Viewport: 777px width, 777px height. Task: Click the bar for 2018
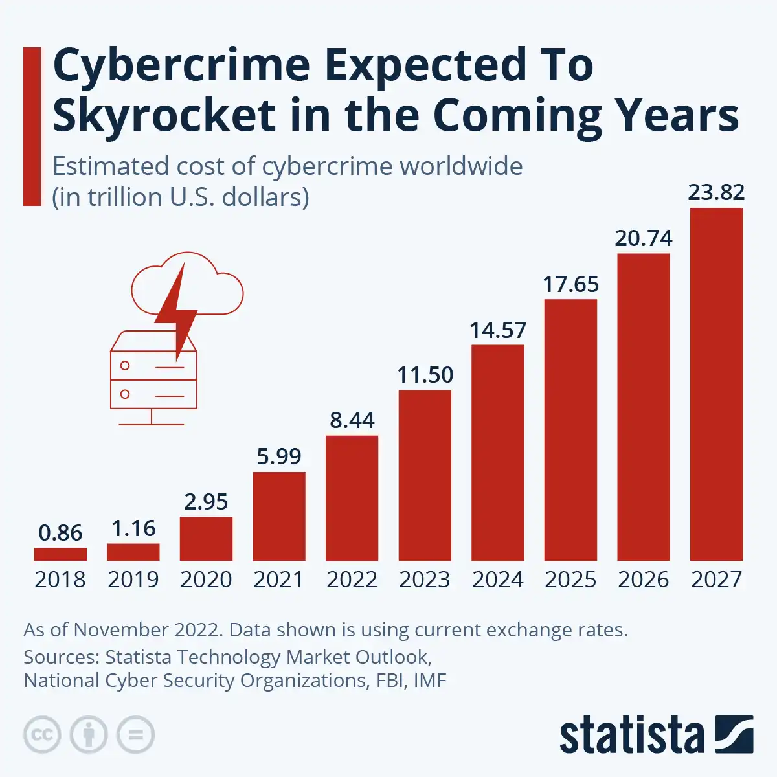60,554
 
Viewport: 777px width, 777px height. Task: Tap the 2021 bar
279,516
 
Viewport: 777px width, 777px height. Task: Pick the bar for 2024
497,453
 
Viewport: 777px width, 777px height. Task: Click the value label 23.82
716,192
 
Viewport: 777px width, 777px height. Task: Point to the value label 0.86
60,533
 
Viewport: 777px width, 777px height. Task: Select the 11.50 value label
425,375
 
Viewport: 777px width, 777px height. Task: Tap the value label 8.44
352,420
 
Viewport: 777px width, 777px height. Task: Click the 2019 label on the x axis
133,580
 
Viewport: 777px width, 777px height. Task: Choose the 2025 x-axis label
570,580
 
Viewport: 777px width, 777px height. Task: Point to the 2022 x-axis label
352,580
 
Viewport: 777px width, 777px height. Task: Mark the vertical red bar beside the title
32,126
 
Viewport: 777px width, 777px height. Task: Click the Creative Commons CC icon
42,735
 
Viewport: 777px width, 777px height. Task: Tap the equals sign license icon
135,735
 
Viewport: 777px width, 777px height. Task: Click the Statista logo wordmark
631,736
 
